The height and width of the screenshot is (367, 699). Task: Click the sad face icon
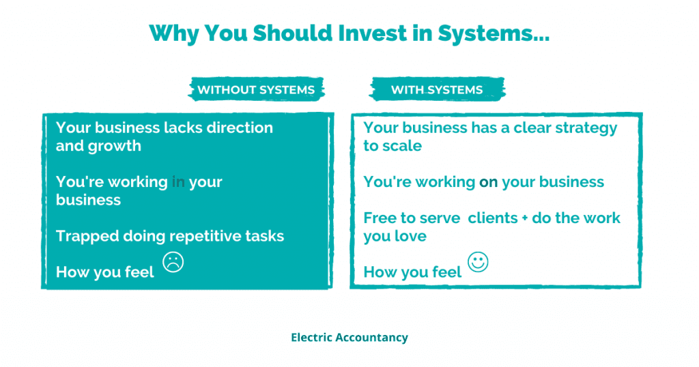173,262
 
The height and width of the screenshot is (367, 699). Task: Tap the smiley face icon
478,262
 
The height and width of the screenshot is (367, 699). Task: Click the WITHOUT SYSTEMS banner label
257,89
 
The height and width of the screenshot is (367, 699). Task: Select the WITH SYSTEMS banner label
437,89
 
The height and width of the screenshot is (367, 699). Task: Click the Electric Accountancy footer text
349,338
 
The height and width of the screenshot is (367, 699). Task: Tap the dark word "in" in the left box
178,181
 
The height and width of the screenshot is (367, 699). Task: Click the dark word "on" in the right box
488,182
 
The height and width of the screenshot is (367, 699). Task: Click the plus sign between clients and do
525,218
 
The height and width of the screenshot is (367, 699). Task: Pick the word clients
493,218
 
